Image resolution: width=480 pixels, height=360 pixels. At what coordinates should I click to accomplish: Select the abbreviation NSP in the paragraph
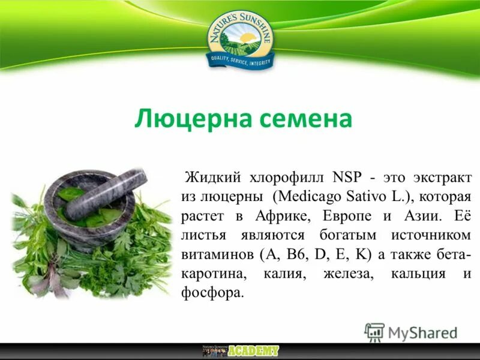[347, 178]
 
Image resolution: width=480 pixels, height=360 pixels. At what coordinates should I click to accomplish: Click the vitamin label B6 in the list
[295, 254]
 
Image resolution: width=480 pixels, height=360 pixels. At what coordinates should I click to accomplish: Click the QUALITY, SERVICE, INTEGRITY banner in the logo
[240, 60]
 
